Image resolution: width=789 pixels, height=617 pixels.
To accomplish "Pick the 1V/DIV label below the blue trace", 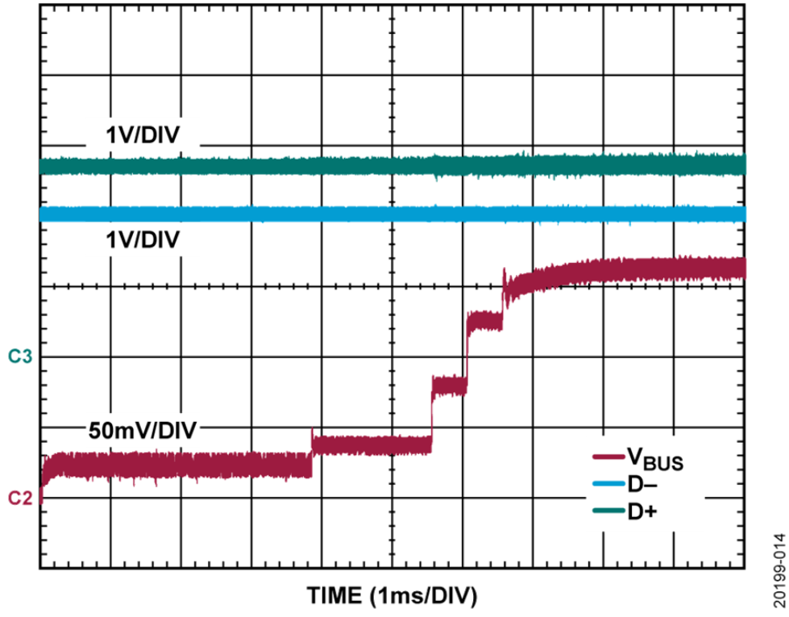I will (x=143, y=240).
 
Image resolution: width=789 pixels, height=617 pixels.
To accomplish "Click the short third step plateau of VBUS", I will (x=449, y=386).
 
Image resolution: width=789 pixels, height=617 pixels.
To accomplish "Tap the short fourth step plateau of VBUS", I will (x=484, y=321).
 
